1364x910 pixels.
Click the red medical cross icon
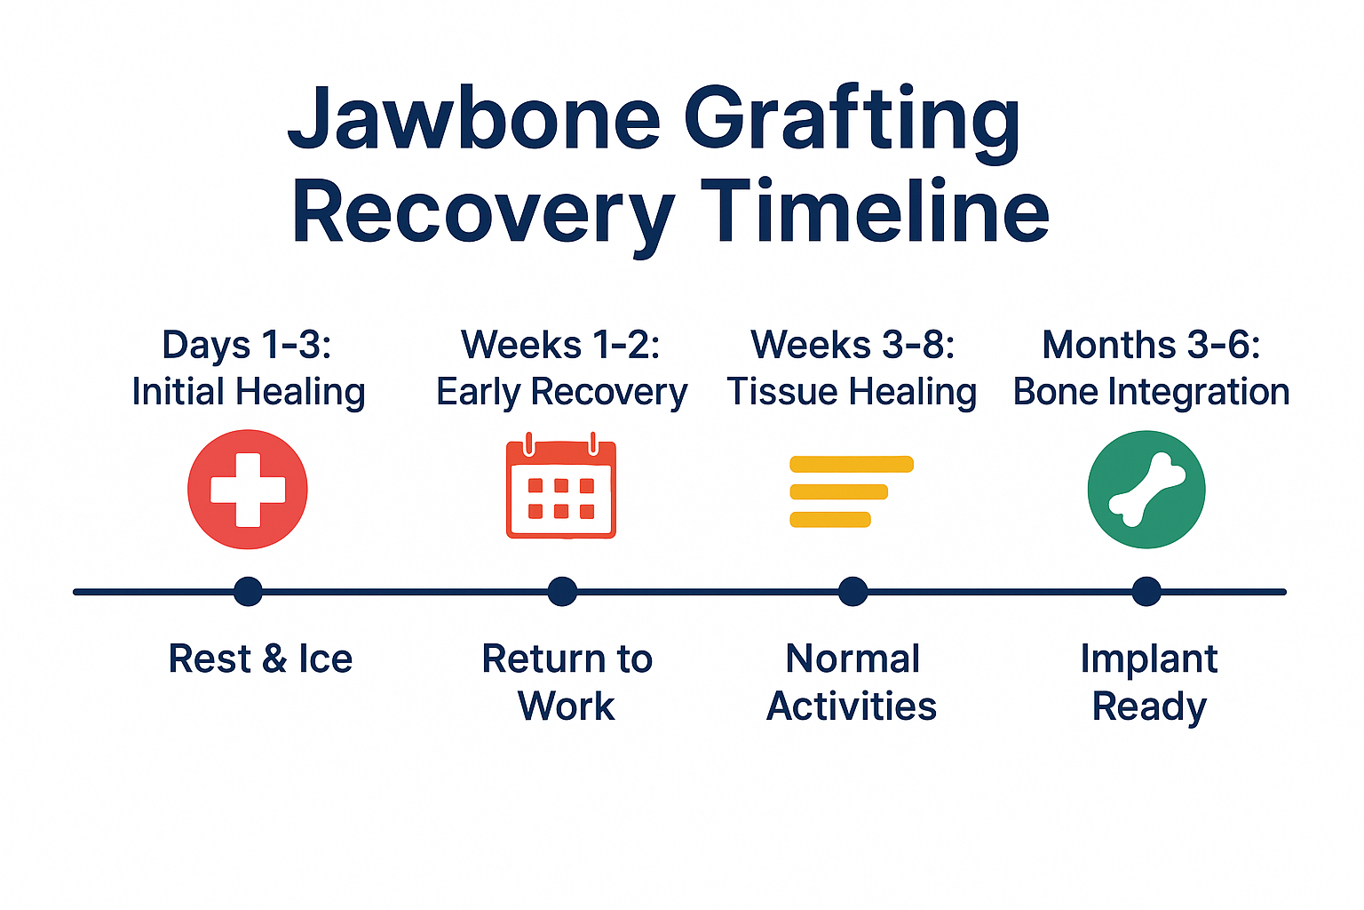pos(248,490)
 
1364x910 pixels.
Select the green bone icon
pos(1146,490)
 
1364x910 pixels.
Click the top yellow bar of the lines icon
pos(851,464)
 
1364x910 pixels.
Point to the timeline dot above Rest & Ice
pos(248,592)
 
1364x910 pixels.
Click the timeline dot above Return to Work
pos(562,592)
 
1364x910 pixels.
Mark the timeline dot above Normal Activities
pos(852,592)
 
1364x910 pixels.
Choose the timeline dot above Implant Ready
pos(1146,592)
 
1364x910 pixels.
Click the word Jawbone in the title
pos(474,120)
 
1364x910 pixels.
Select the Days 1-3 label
pos(247,345)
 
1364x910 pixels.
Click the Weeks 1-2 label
pos(560,345)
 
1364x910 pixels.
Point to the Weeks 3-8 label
pos(852,345)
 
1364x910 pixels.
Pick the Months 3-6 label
pos(1151,345)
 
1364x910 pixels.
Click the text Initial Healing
pos(249,392)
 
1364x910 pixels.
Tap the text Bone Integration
pos(1151,392)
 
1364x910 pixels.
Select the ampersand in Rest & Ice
pos(274,659)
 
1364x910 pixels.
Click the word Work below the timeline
pos(567,706)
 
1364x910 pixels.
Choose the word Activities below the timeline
pos(852,706)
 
